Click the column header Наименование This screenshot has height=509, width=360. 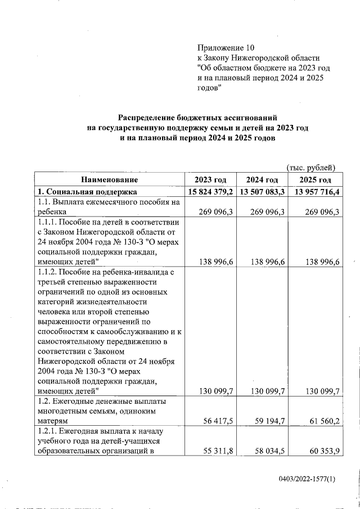point(109,179)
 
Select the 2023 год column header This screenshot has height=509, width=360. point(210,179)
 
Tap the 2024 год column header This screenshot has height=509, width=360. point(262,179)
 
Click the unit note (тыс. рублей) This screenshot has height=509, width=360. point(310,167)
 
